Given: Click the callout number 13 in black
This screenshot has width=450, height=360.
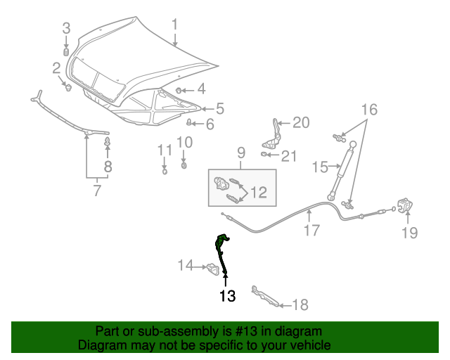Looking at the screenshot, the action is (x=227, y=296).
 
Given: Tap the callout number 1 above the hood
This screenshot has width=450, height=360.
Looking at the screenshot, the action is (x=175, y=25).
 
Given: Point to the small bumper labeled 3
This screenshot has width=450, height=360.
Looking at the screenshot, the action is (x=66, y=52).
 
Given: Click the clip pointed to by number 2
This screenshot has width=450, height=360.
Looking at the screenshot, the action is (x=68, y=87).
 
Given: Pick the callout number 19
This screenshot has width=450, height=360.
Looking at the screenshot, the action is (x=409, y=233).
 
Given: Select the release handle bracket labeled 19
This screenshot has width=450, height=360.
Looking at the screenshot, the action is (x=405, y=205).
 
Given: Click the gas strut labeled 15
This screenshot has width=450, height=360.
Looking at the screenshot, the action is (x=342, y=170).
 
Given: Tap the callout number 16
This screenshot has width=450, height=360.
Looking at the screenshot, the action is (x=369, y=110).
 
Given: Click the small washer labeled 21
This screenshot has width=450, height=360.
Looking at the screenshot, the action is (x=264, y=155).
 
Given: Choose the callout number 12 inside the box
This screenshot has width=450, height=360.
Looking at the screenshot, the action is (x=259, y=193).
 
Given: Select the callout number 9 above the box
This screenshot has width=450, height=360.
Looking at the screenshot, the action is (x=241, y=153).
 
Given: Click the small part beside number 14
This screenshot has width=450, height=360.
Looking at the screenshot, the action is (x=212, y=269).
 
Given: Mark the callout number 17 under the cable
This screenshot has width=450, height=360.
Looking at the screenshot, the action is (x=311, y=230).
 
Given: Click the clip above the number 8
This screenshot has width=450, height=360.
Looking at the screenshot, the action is (x=108, y=141).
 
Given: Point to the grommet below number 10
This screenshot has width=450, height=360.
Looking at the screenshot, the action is (x=184, y=166).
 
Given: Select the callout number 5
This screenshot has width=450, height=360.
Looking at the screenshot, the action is (x=220, y=109).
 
